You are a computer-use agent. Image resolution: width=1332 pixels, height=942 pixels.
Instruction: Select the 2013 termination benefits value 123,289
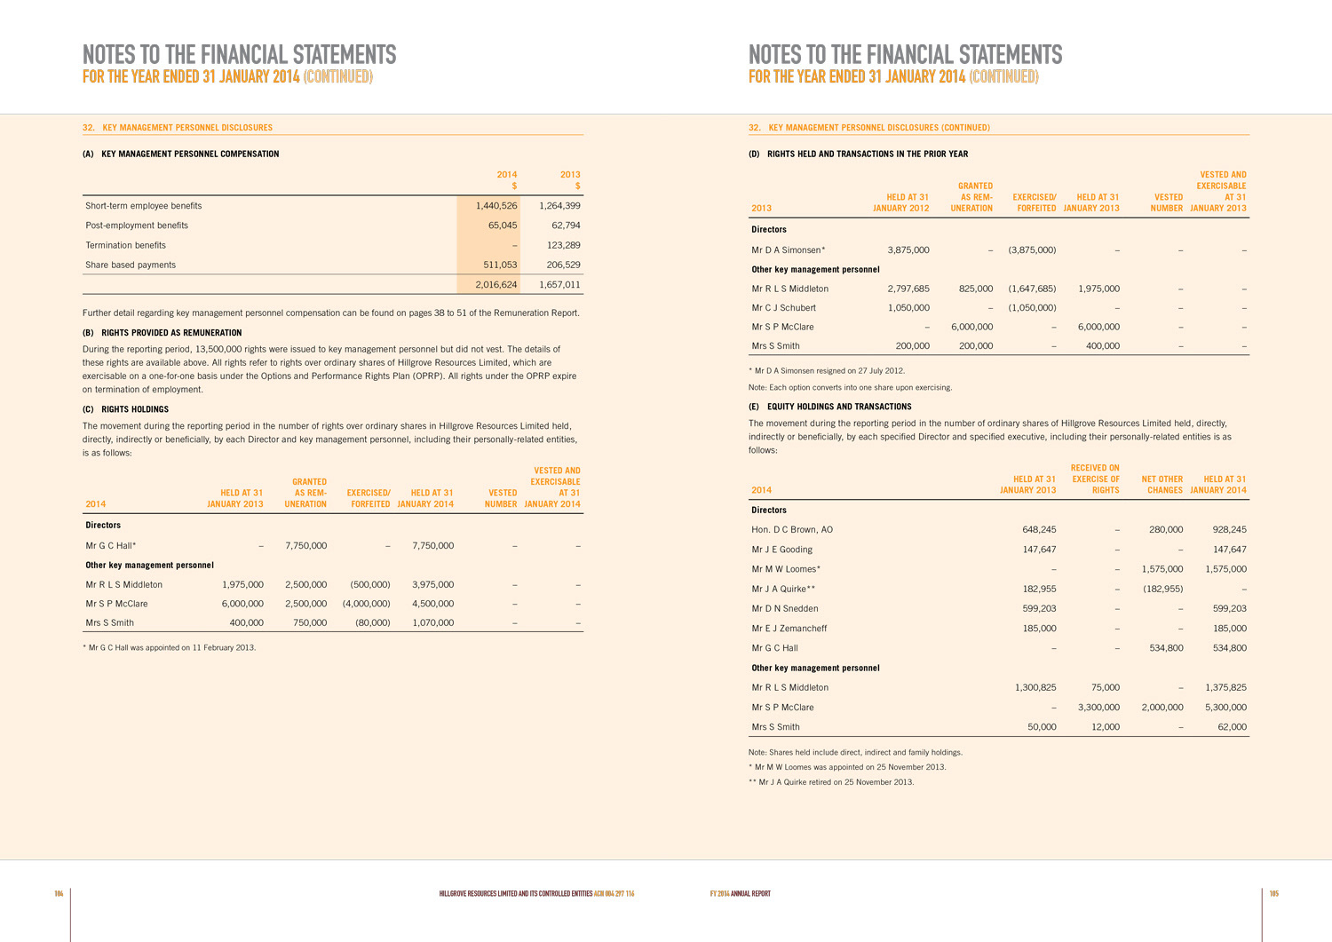point(559,245)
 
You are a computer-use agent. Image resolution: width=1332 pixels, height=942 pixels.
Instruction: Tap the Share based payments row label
point(131,265)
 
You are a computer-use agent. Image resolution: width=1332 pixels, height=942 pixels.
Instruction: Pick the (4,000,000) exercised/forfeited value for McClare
point(366,604)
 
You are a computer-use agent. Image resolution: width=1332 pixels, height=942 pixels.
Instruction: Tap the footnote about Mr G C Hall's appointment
point(169,648)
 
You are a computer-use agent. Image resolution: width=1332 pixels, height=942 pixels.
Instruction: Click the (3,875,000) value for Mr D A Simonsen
point(1032,250)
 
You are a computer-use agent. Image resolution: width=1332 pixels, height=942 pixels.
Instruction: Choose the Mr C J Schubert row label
point(783,308)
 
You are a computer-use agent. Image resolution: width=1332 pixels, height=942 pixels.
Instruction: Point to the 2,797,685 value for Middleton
point(908,289)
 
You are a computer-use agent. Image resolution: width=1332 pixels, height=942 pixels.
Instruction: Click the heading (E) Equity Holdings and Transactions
point(830,407)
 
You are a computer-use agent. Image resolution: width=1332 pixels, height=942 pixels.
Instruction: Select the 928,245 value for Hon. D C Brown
point(1229,530)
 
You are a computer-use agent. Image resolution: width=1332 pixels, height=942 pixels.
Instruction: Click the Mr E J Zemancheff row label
point(789,629)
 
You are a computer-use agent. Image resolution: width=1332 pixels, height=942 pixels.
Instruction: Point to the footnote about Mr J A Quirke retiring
point(831,782)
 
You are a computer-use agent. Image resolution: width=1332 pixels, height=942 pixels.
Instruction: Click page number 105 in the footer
point(1273,893)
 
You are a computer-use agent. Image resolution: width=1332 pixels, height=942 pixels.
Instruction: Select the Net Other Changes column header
point(1162,485)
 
